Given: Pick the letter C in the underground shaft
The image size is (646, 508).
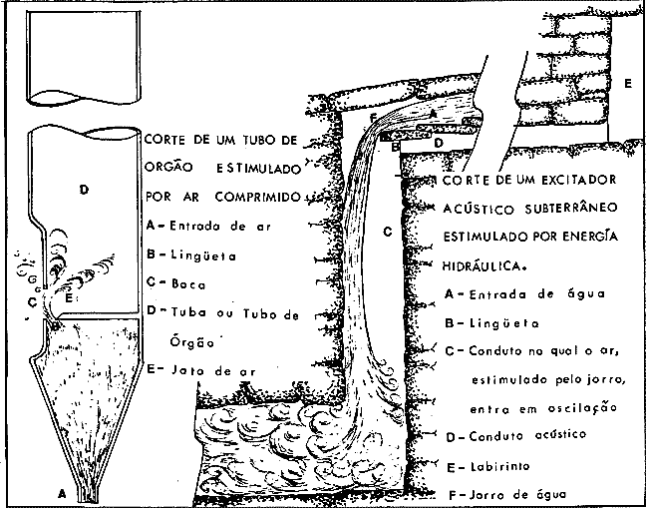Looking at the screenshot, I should [386, 234].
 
